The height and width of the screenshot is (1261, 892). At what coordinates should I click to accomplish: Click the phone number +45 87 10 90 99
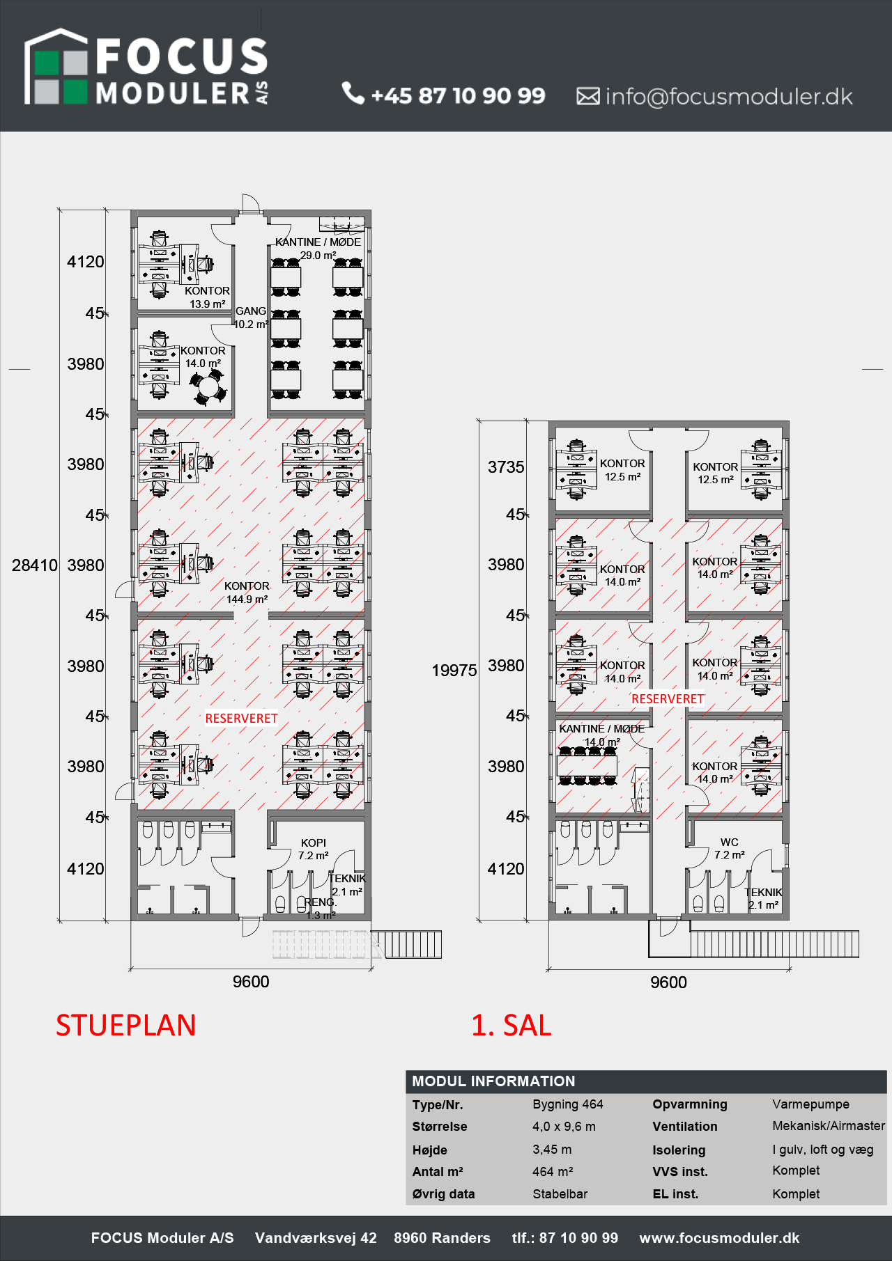coord(458,95)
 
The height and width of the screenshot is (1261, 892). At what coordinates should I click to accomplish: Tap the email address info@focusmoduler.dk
coord(728,97)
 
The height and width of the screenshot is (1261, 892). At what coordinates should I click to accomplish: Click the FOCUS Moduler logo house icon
coord(56,67)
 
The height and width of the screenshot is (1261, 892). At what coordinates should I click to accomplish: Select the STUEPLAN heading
coord(126,1025)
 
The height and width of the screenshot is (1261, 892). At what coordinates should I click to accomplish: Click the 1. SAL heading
coord(512,1025)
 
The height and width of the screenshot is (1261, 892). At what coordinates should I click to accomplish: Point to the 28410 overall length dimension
coord(34,565)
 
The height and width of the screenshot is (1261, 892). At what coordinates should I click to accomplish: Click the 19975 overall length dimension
coord(454,670)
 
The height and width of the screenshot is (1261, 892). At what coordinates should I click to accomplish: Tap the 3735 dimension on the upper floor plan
coord(506,467)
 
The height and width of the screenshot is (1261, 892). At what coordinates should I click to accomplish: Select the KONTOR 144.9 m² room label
coord(247,593)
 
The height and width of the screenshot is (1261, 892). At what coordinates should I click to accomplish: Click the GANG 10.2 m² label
coord(251,318)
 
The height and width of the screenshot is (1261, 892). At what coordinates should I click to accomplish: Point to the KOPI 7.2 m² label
coord(314,849)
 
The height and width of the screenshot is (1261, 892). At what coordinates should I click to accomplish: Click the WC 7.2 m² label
coord(730,848)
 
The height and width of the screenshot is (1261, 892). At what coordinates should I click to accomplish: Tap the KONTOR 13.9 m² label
coord(207,297)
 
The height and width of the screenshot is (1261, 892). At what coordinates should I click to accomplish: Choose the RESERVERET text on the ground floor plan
coord(241,718)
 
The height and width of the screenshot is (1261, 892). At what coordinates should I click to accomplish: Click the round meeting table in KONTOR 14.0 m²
coord(208,386)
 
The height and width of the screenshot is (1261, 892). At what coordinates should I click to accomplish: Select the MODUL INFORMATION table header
coord(493,1081)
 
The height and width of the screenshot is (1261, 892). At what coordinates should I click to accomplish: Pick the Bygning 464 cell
coord(568,1104)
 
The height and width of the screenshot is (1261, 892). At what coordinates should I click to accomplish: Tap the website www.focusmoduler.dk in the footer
coord(719,1237)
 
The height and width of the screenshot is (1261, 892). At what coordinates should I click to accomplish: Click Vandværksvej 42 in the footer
coord(316,1237)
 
